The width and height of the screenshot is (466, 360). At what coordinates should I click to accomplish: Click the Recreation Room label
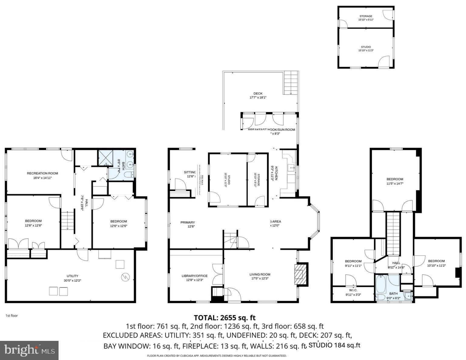click(42, 175)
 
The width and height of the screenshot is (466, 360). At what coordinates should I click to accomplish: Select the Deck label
click(258, 95)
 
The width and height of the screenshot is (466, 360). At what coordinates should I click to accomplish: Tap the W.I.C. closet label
click(353, 292)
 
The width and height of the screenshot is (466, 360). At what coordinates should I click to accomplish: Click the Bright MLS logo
click(29, 351)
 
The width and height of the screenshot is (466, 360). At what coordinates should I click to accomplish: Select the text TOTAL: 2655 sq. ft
click(225, 318)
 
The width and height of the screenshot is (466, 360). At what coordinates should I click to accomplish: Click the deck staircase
click(291, 83)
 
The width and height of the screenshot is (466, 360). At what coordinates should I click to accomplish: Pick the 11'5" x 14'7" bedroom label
click(395, 181)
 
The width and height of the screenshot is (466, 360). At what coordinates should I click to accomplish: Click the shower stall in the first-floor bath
click(107, 158)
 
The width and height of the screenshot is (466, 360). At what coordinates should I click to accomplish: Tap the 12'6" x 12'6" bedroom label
click(118, 223)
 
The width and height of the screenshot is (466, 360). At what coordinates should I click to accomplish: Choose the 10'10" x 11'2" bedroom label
click(436, 263)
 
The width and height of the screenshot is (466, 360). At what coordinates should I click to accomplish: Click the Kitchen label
click(274, 173)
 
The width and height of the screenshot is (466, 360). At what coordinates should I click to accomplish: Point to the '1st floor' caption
click(12, 316)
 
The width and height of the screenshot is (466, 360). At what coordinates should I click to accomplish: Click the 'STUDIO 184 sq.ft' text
click(334, 345)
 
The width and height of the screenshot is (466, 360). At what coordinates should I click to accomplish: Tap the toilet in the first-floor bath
click(129, 175)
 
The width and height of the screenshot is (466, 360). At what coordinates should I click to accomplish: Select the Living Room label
click(260, 276)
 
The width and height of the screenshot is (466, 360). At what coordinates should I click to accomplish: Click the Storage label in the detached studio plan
click(366, 18)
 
